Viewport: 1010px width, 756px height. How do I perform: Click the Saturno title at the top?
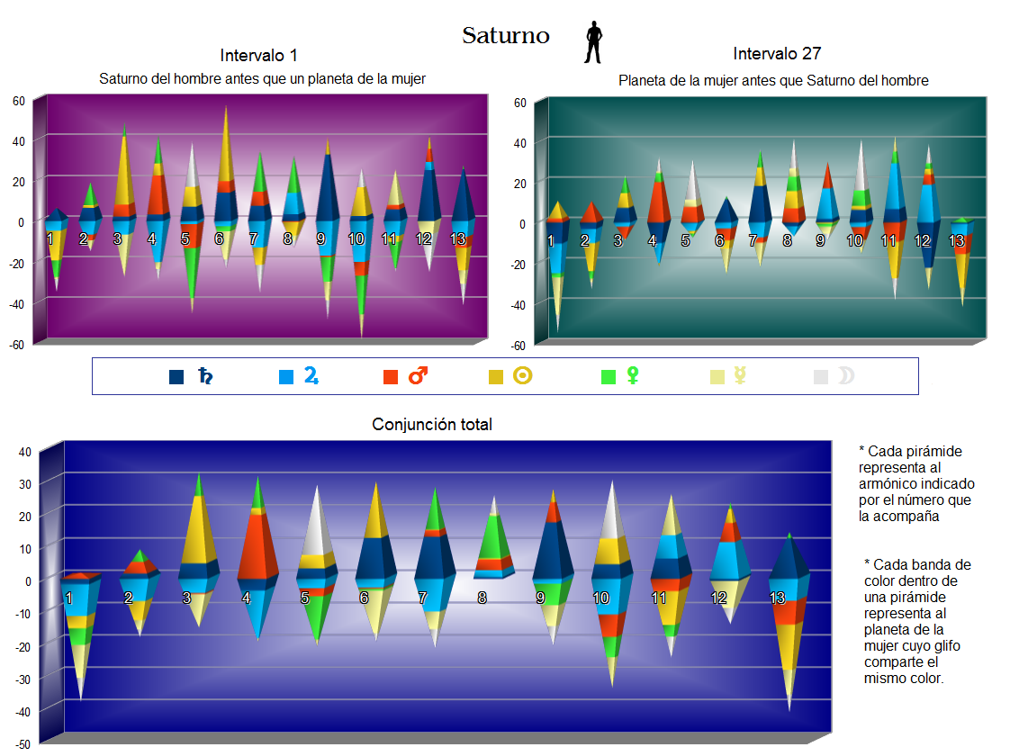coord(505,36)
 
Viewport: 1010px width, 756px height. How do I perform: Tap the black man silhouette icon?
coord(592,42)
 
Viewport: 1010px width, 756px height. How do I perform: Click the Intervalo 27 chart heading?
coord(776,54)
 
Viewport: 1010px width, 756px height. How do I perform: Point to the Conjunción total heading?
coord(432,425)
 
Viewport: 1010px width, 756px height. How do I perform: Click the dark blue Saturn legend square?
coord(176,377)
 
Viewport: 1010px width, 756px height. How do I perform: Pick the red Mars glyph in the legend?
coord(418,376)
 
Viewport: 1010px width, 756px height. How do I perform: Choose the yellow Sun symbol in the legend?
coord(523,376)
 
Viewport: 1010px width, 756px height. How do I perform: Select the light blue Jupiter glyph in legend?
coord(311,375)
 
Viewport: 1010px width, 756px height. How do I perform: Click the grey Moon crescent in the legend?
coord(845,376)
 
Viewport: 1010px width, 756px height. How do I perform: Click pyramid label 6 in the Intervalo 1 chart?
coord(219,239)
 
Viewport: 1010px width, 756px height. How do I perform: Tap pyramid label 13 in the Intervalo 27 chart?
coord(956,241)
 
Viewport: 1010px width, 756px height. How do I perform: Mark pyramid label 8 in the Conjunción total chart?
coord(482,598)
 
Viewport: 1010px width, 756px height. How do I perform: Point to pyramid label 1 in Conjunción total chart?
coord(68,598)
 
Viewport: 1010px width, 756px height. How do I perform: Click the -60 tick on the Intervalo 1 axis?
coord(17,345)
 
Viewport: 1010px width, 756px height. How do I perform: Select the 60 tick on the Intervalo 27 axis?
coord(519,103)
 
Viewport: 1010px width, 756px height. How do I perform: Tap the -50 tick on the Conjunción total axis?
coord(23,744)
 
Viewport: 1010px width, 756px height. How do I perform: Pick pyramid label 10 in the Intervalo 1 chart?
coord(356,239)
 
